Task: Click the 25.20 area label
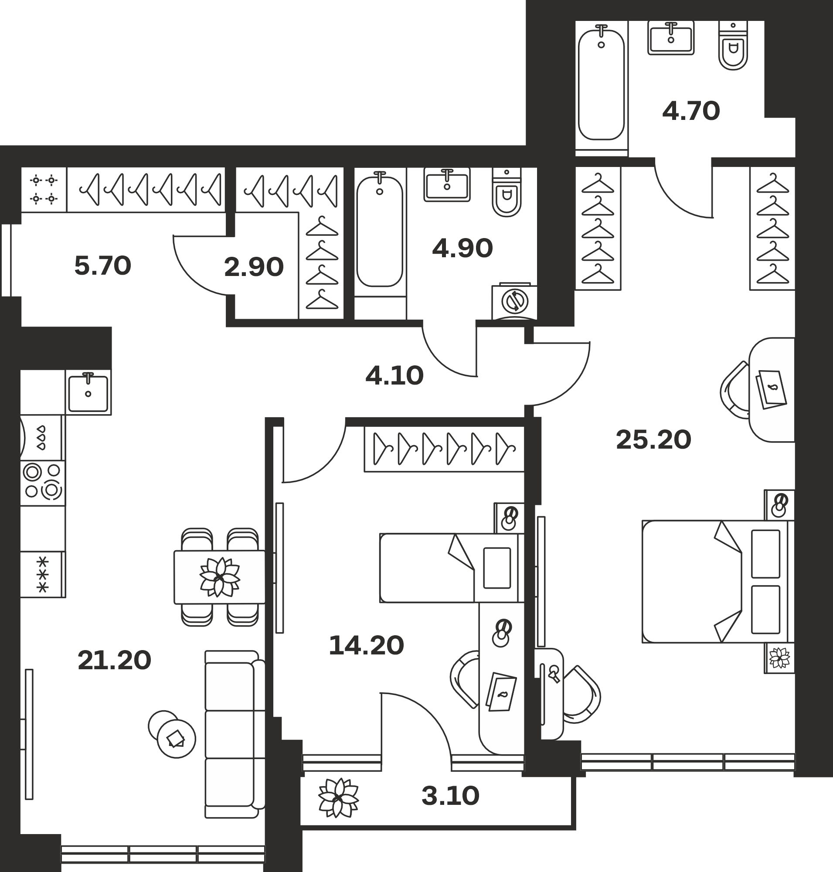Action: (653, 440)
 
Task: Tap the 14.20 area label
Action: (366, 645)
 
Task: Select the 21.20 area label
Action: (115, 660)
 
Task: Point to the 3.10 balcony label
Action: (450, 796)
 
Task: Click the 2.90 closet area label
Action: (254, 267)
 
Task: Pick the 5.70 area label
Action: (102, 266)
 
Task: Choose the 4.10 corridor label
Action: (394, 375)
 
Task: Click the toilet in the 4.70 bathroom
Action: (733, 45)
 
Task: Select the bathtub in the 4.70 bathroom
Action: (601, 85)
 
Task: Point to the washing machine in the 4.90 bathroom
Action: (515, 301)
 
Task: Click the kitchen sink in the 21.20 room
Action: (88, 392)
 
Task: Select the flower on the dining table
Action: (220, 577)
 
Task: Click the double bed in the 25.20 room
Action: (717, 582)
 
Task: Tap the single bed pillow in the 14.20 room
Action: (497, 568)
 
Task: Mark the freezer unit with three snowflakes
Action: (43, 574)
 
